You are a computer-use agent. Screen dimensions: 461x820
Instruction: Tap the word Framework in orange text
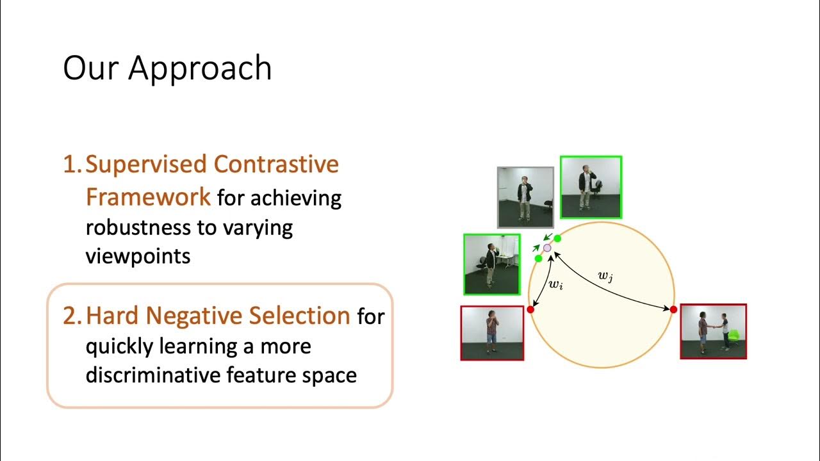pos(148,197)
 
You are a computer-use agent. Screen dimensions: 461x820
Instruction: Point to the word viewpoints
pos(138,256)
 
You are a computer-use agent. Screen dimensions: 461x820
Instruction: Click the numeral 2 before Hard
pos(69,316)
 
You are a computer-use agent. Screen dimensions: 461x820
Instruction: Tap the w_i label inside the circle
pos(556,284)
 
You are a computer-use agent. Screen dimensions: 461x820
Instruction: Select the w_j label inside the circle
pos(605,276)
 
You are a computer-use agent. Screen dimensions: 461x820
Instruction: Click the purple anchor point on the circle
pos(547,247)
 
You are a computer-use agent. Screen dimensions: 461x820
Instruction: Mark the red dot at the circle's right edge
pos(673,309)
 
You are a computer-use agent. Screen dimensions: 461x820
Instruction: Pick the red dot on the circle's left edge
pos(530,309)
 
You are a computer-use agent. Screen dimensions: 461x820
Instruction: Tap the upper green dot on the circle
pos(557,238)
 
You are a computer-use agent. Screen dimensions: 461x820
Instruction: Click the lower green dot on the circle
pos(538,258)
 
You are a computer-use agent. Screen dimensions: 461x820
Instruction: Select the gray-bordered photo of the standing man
pos(525,197)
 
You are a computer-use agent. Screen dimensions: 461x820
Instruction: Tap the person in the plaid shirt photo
pos(491,330)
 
